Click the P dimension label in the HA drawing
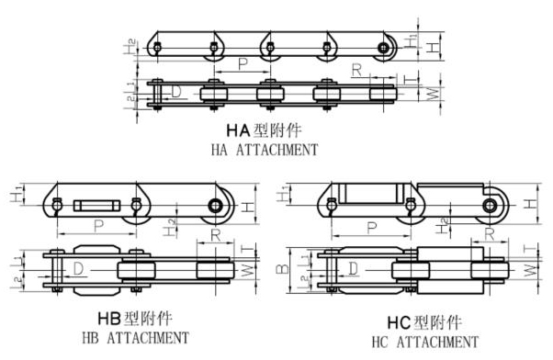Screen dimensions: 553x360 coord(243,64)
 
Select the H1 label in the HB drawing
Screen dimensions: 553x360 coord(15,197)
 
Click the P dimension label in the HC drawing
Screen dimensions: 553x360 coord(372,227)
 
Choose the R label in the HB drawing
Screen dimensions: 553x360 coord(213,236)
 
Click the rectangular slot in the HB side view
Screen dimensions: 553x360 coord(96,204)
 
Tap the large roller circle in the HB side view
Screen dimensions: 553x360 coord(218,205)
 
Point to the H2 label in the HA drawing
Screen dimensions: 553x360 coord(134,44)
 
